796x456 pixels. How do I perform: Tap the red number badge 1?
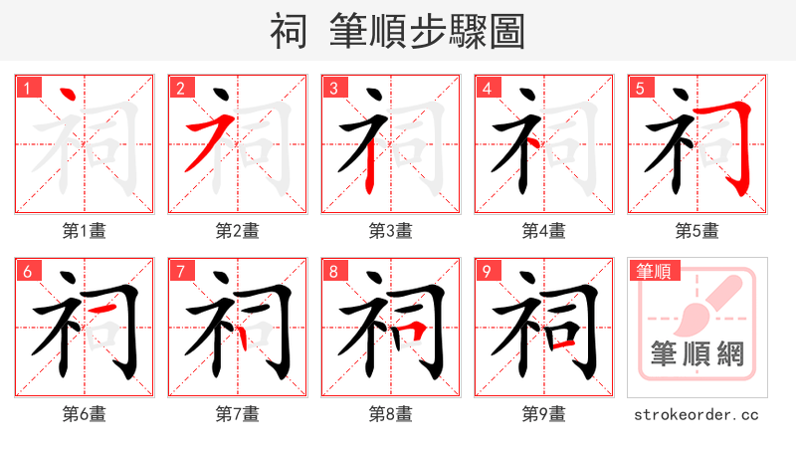coord(26,88)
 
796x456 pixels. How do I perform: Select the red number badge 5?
coord(639,88)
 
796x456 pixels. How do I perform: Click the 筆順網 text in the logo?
coord(697,353)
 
